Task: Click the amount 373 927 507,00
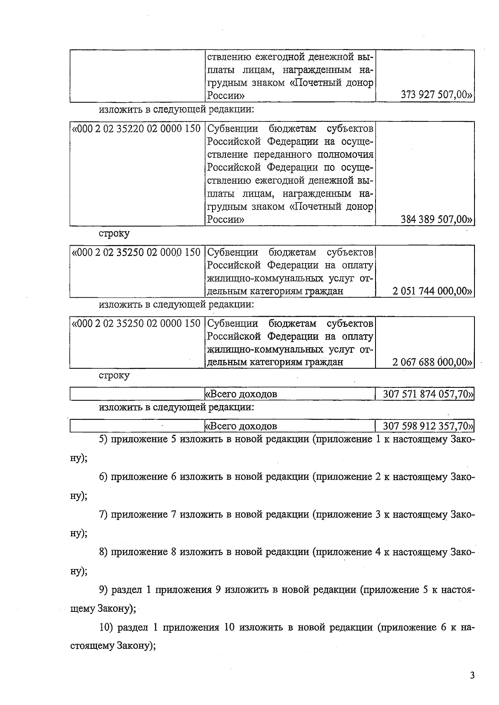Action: tap(436, 96)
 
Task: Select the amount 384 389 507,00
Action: tap(436, 219)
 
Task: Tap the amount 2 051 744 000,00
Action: tap(432, 291)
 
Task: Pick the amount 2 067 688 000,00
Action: tap(432, 362)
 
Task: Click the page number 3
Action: tap(472, 675)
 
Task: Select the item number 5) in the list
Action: tap(104, 439)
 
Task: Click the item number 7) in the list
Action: tap(104, 515)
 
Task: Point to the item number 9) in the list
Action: tap(104, 590)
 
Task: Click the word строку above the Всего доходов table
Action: tap(114, 375)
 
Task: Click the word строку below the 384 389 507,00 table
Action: tap(114, 233)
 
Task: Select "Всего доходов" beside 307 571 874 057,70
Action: tap(241, 394)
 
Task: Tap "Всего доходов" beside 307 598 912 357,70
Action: tap(241, 426)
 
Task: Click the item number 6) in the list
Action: tap(104, 477)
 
